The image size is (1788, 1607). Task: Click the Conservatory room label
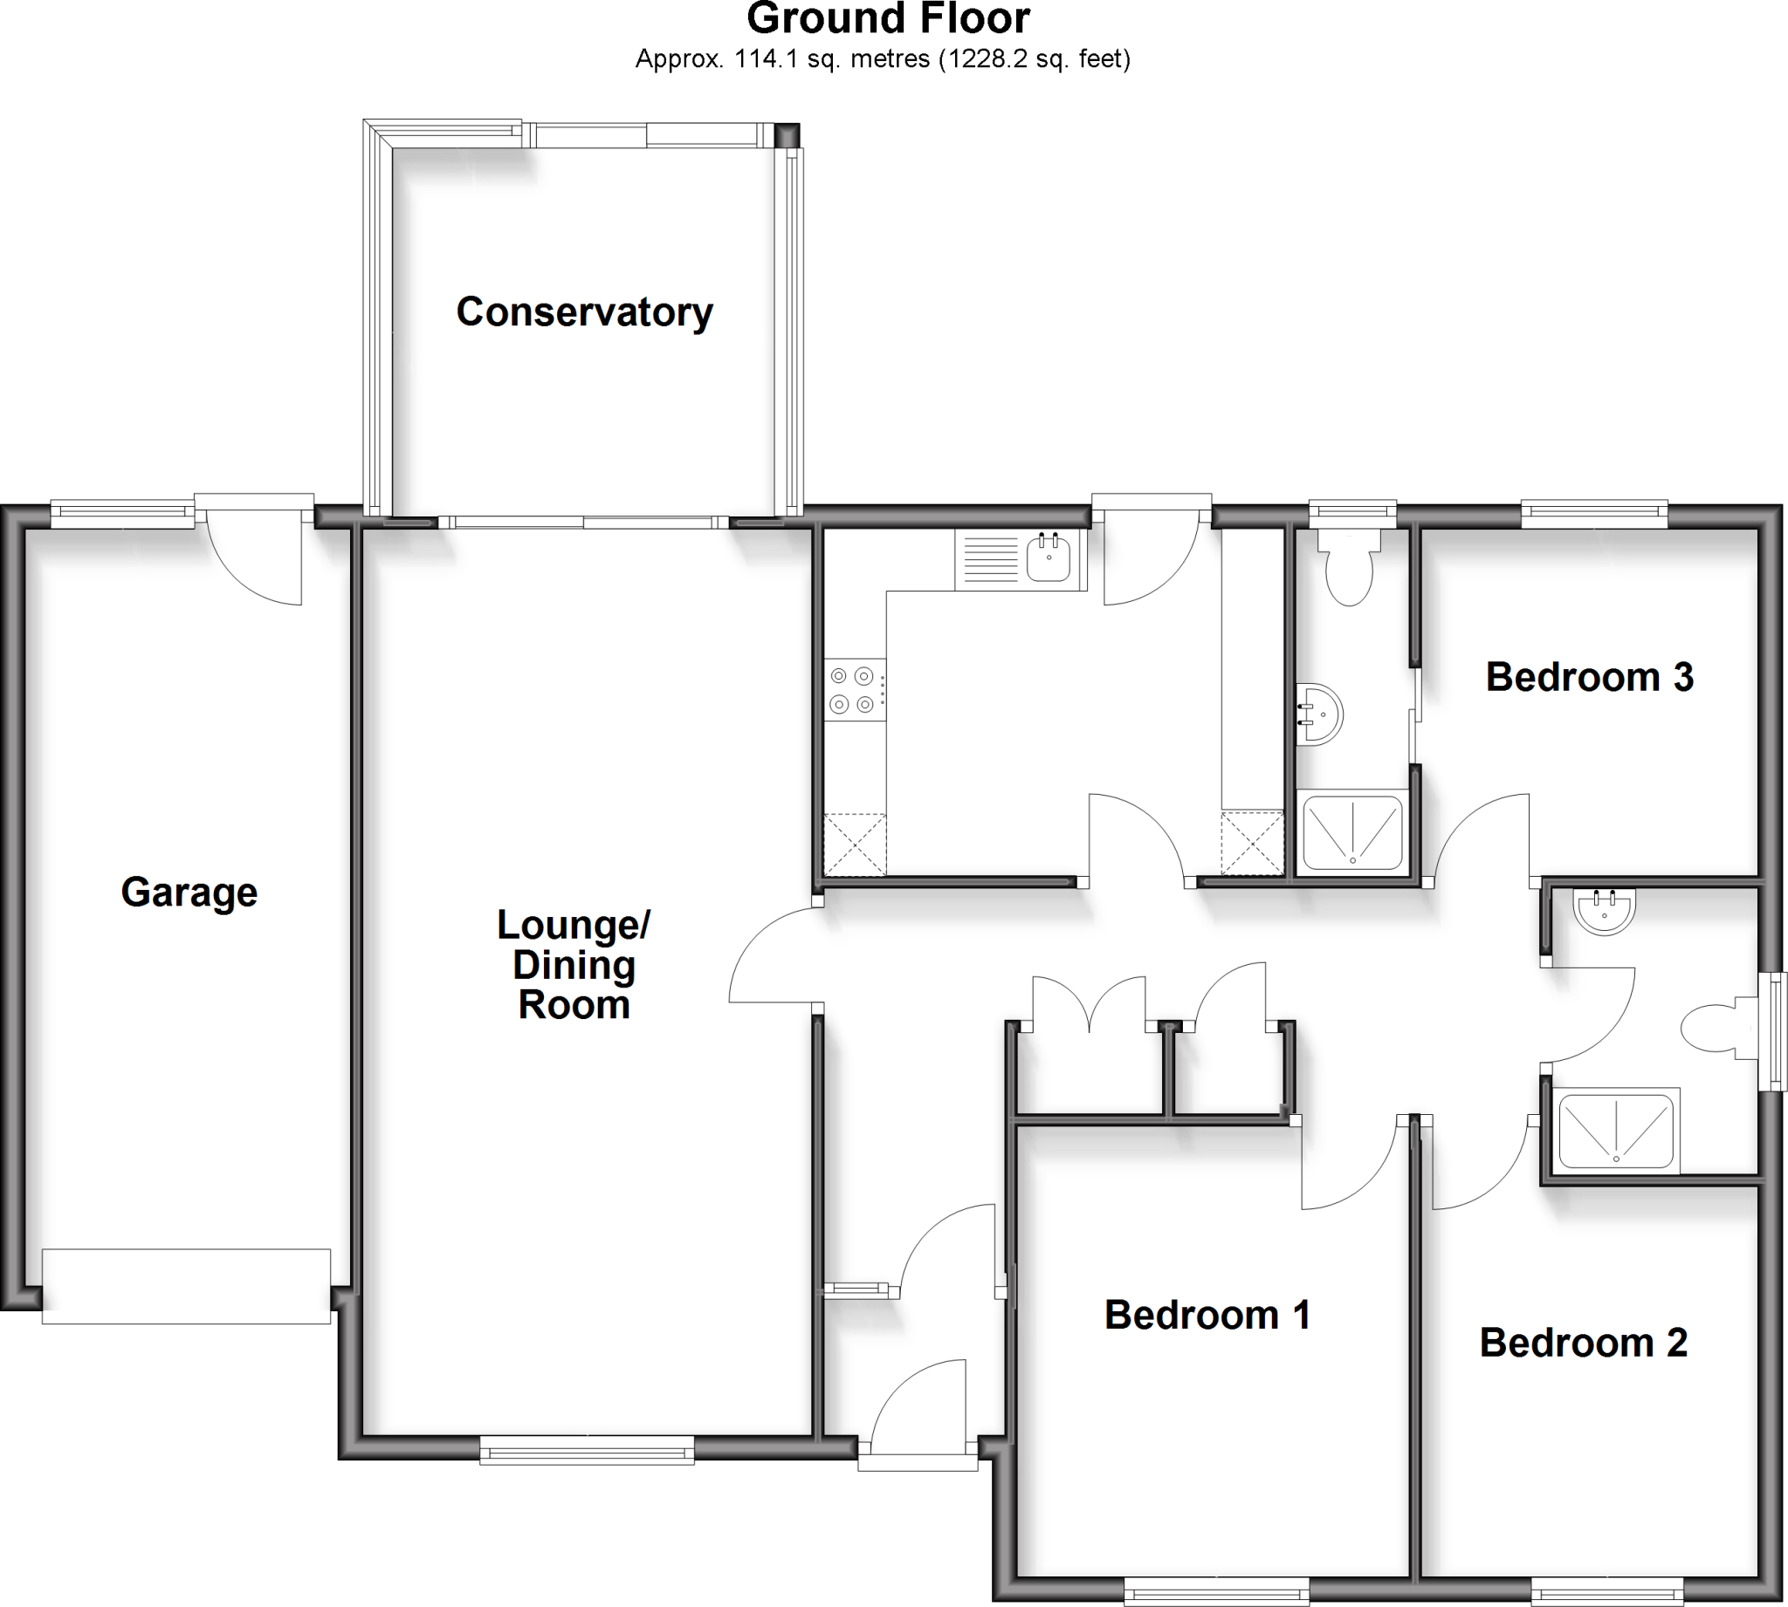tap(584, 312)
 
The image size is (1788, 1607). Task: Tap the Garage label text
tap(189, 892)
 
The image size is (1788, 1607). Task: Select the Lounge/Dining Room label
tap(574, 964)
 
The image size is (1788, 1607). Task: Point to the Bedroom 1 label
tap(1207, 1315)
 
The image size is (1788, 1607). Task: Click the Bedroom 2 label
tap(1583, 1342)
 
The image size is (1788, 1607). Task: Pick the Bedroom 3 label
tap(1589, 677)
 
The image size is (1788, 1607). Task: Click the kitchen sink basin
tap(1049, 558)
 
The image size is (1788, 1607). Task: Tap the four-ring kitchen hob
tap(853, 689)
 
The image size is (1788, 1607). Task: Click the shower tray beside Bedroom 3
tap(1351, 831)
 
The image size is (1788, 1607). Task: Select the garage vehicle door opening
tap(187, 1286)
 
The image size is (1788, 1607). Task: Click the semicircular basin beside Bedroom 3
tap(1320, 714)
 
